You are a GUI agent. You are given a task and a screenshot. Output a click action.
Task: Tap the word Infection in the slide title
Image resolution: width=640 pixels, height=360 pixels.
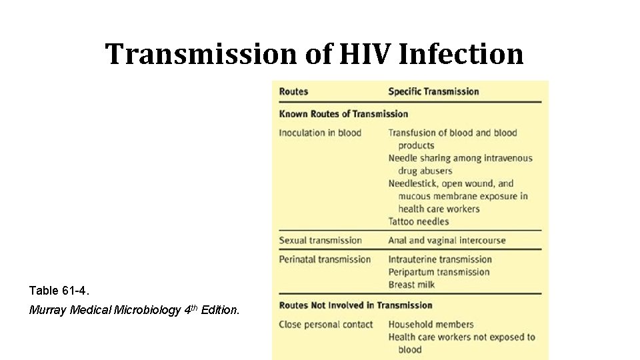[x=461, y=54]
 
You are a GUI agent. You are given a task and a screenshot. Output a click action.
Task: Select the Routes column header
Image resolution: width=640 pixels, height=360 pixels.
[x=293, y=91]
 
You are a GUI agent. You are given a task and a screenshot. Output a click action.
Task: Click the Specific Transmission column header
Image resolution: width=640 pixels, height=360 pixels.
[x=433, y=91]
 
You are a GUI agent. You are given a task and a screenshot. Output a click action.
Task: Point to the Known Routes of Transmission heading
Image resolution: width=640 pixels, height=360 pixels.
[x=343, y=113]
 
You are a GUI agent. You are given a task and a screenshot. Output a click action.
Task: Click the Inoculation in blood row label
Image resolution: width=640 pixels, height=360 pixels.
[x=320, y=133]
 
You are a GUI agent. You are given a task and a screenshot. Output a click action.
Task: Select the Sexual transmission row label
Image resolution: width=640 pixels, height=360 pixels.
[x=320, y=240]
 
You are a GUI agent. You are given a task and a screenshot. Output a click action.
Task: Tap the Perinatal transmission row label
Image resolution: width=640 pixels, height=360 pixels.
[x=325, y=259]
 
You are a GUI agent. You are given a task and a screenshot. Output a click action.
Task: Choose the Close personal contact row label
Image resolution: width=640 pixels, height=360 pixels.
[x=326, y=324]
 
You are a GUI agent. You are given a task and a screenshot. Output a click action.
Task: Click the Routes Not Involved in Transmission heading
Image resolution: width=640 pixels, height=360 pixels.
[x=355, y=305]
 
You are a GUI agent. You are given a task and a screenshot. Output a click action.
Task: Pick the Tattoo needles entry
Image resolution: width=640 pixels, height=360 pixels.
[x=419, y=221]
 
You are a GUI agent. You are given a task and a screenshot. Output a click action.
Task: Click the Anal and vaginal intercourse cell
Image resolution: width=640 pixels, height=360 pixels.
[x=447, y=240]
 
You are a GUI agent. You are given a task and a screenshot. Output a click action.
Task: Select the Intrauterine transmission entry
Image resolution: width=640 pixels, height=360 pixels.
[x=440, y=259]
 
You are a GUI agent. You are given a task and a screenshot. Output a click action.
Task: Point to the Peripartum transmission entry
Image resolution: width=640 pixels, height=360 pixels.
[x=439, y=272]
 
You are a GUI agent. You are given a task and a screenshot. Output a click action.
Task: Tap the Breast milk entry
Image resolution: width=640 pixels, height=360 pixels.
[x=411, y=285]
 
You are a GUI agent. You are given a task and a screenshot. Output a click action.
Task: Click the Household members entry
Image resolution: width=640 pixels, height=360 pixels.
[x=431, y=324]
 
